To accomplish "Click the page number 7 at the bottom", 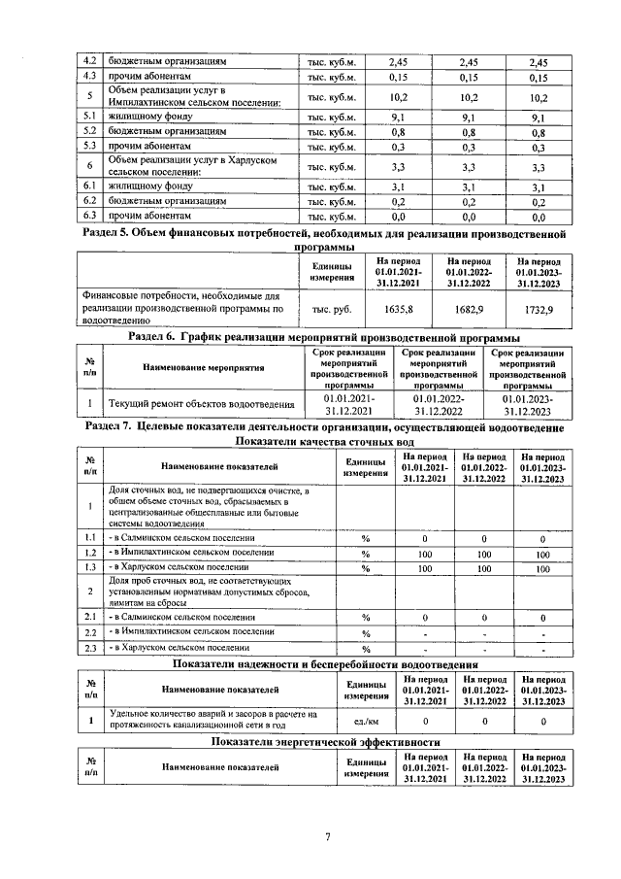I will click(328, 838).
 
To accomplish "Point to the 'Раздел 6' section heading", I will click(324, 336).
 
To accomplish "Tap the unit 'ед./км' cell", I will click(365, 721).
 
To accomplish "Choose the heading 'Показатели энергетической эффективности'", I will click(325, 741).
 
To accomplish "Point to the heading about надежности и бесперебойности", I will click(325, 664).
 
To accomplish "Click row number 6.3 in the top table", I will click(88, 217).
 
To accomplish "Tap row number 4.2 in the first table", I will click(88, 61).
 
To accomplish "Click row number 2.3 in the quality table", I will click(88, 649).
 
